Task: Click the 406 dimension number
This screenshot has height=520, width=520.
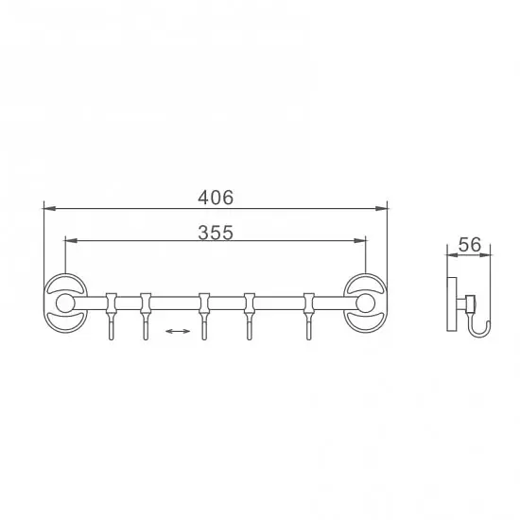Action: point(216,198)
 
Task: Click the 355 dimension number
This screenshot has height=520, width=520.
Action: point(216,233)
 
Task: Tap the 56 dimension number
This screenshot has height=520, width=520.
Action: point(469,245)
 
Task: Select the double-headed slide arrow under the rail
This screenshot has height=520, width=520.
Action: point(178,331)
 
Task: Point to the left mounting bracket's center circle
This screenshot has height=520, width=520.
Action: point(64,303)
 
